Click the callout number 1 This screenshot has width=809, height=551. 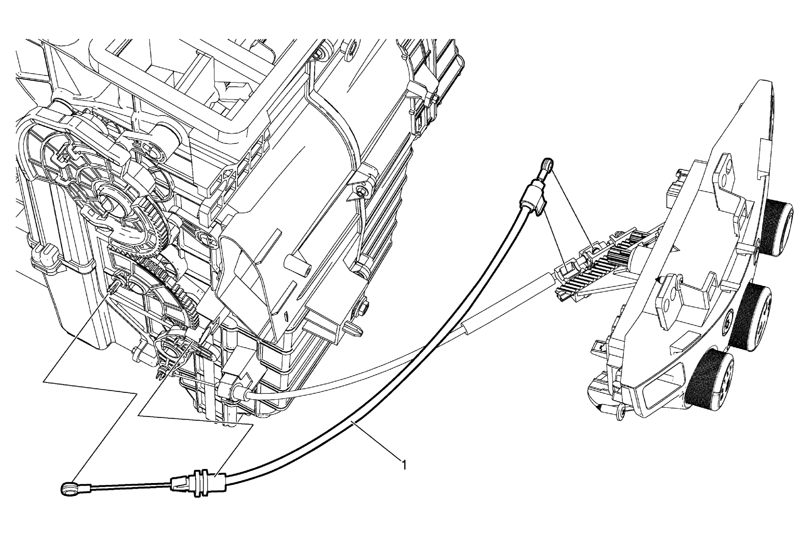404,465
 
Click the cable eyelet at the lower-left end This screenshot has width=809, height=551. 70,489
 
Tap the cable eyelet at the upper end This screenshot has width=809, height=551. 547,165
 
